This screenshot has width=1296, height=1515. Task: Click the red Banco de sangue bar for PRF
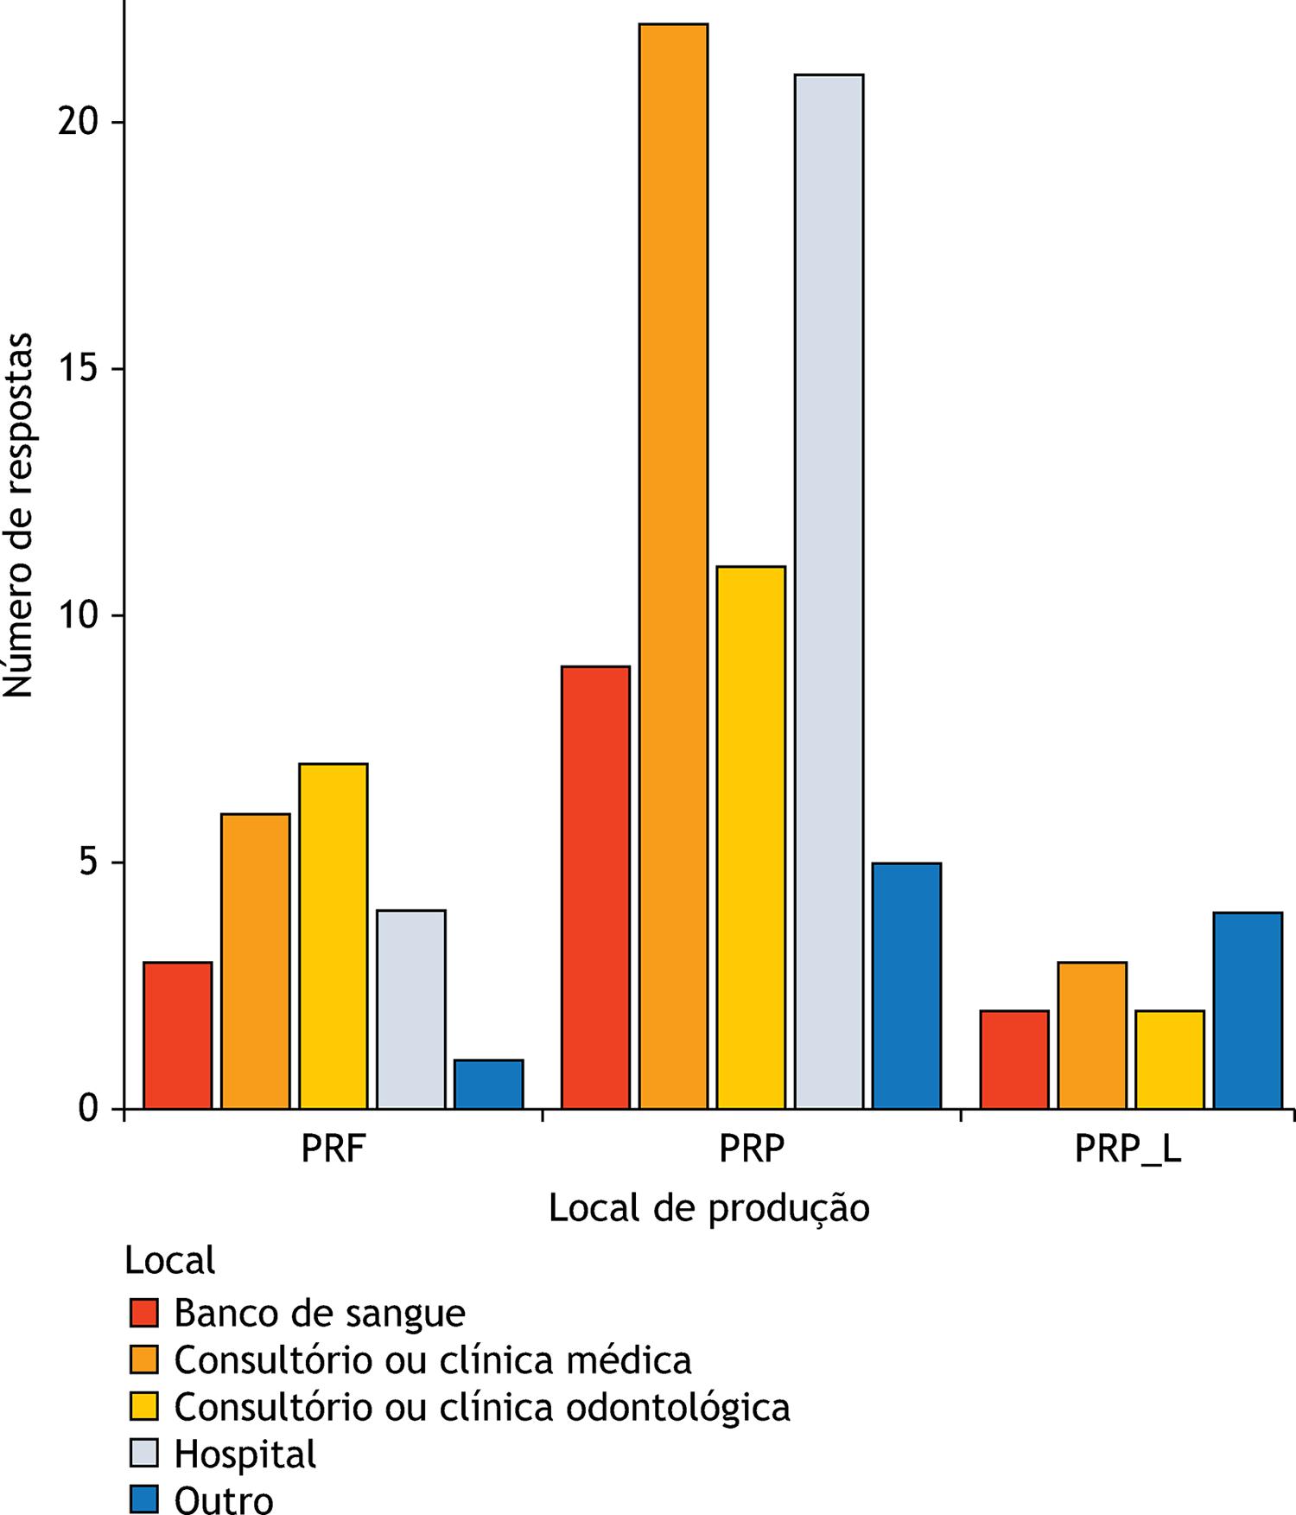pyautogui.click(x=177, y=1035)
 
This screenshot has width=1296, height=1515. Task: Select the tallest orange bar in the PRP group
pyautogui.click(x=673, y=566)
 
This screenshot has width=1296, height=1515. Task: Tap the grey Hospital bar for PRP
pyautogui.click(x=829, y=591)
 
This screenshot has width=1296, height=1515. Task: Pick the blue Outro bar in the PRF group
pyautogui.click(x=488, y=1084)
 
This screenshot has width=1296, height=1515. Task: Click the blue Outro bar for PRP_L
pyautogui.click(x=1247, y=1010)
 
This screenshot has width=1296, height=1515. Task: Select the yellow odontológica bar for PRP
pyautogui.click(x=751, y=837)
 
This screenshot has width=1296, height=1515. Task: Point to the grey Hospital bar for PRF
pyautogui.click(x=410, y=1009)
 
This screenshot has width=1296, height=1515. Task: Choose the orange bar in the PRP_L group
pyautogui.click(x=1091, y=1035)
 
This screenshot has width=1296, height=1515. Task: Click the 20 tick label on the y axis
pyautogui.click(x=79, y=122)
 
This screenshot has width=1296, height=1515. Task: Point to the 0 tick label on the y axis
pyautogui.click(x=89, y=1108)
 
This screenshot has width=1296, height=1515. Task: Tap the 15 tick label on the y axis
pyautogui.click(x=79, y=369)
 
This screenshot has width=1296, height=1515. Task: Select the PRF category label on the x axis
pyautogui.click(x=333, y=1150)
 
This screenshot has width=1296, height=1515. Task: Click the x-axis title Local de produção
pyautogui.click(x=708, y=1208)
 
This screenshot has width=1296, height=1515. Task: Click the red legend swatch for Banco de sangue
pyautogui.click(x=144, y=1313)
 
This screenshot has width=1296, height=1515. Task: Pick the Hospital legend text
pyautogui.click(x=245, y=1454)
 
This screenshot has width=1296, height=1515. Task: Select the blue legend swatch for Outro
pyautogui.click(x=144, y=1500)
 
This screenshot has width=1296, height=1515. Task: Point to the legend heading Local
pyautogui.click(x=169, y=1260)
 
